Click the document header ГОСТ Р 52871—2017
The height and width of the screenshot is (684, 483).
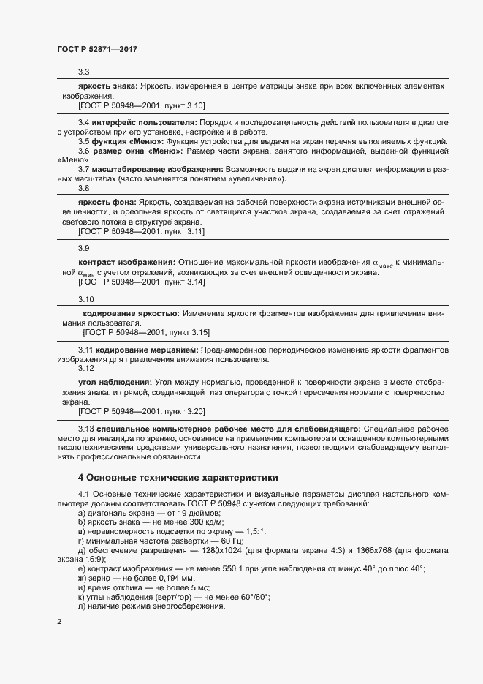(x=97, y=49)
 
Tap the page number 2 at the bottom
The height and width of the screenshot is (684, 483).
(x=59, y=622)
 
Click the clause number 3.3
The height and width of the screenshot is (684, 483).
(x=83, y=72)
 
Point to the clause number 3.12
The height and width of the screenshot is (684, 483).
(x=86, y=368)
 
